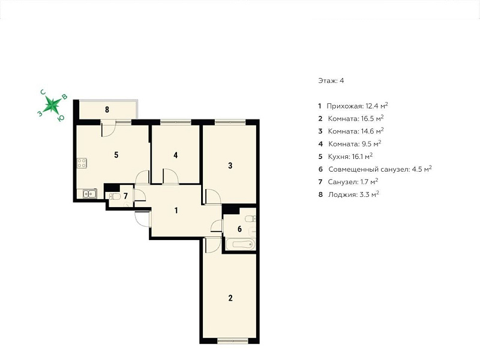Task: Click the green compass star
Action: tap(52, 104)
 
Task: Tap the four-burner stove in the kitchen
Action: tap(82, 163)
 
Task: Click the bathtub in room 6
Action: tap(242, 245)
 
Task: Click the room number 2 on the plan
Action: tap(230, 298)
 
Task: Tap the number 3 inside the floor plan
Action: tap(230, 166)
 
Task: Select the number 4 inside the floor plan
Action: tap(175, 155)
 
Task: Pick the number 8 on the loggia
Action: tap(107, 109)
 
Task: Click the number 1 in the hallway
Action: tap(176, 211)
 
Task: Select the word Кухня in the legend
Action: tap(338, 157)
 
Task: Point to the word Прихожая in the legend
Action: tap(345, 106)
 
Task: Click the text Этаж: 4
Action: tap(331, 80)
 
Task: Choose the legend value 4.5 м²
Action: tap(421, 169)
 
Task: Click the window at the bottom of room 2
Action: tap(233, 340)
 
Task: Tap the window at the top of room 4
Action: tap(176, 122)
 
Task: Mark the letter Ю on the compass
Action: tap(61, 118)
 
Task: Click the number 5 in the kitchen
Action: tap(116, 155)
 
